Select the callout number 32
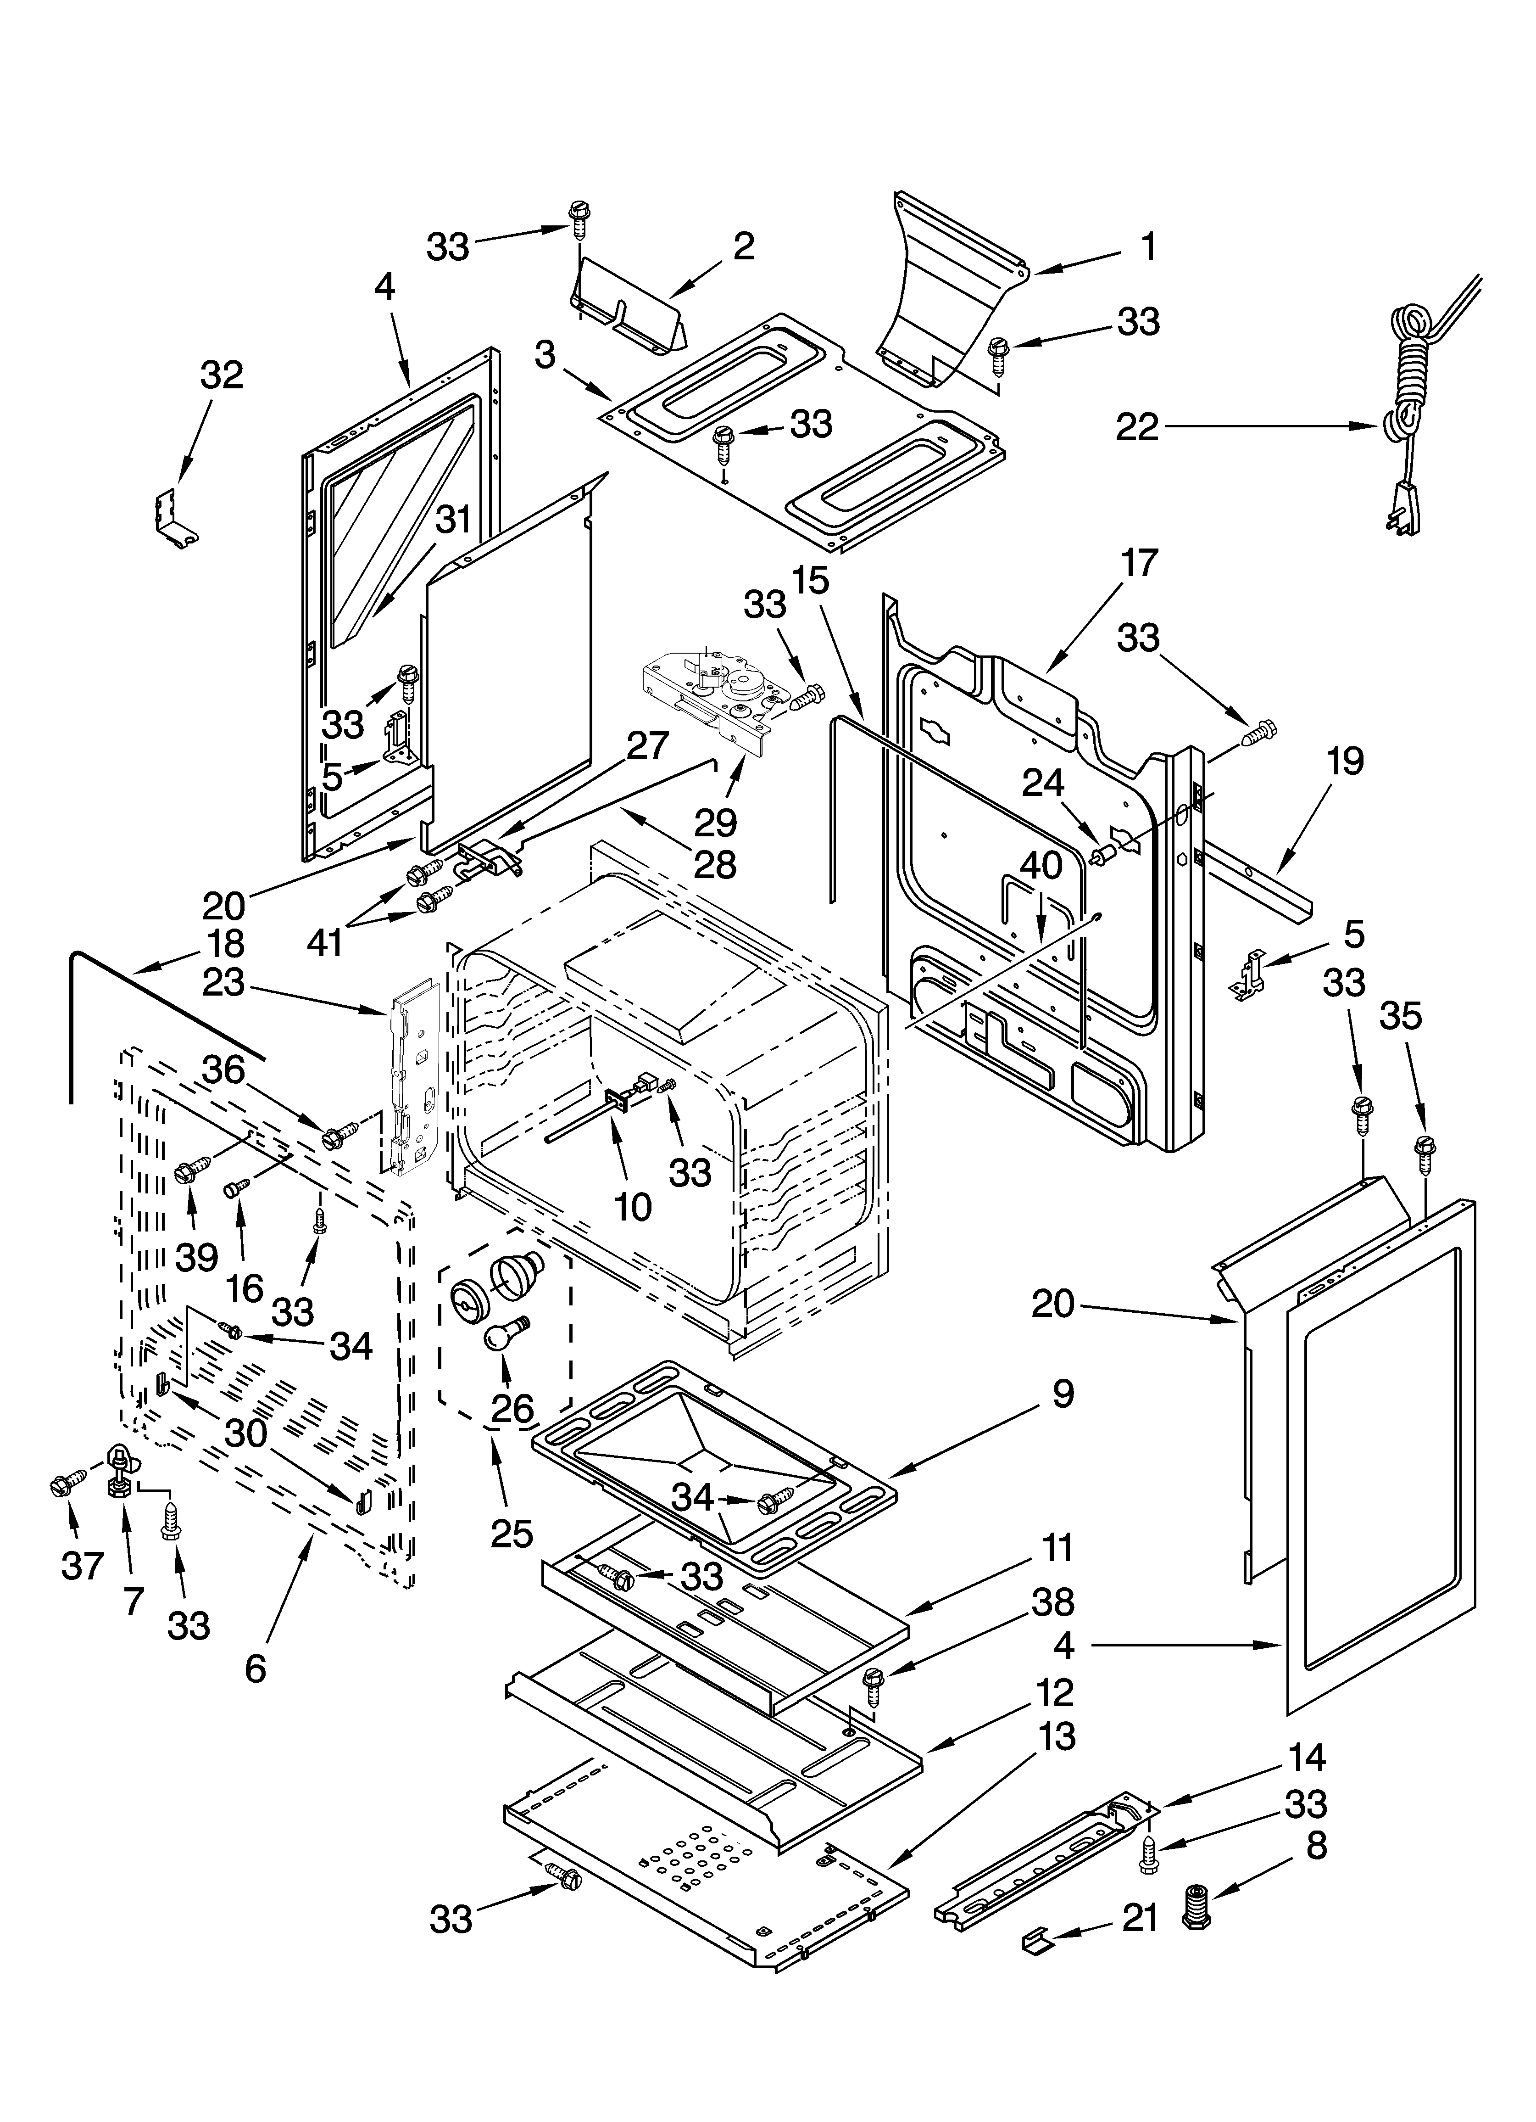point(222,375)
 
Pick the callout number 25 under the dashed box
point(512,1533)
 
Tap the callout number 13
point(1056,1737)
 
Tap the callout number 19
point(1344,761)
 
